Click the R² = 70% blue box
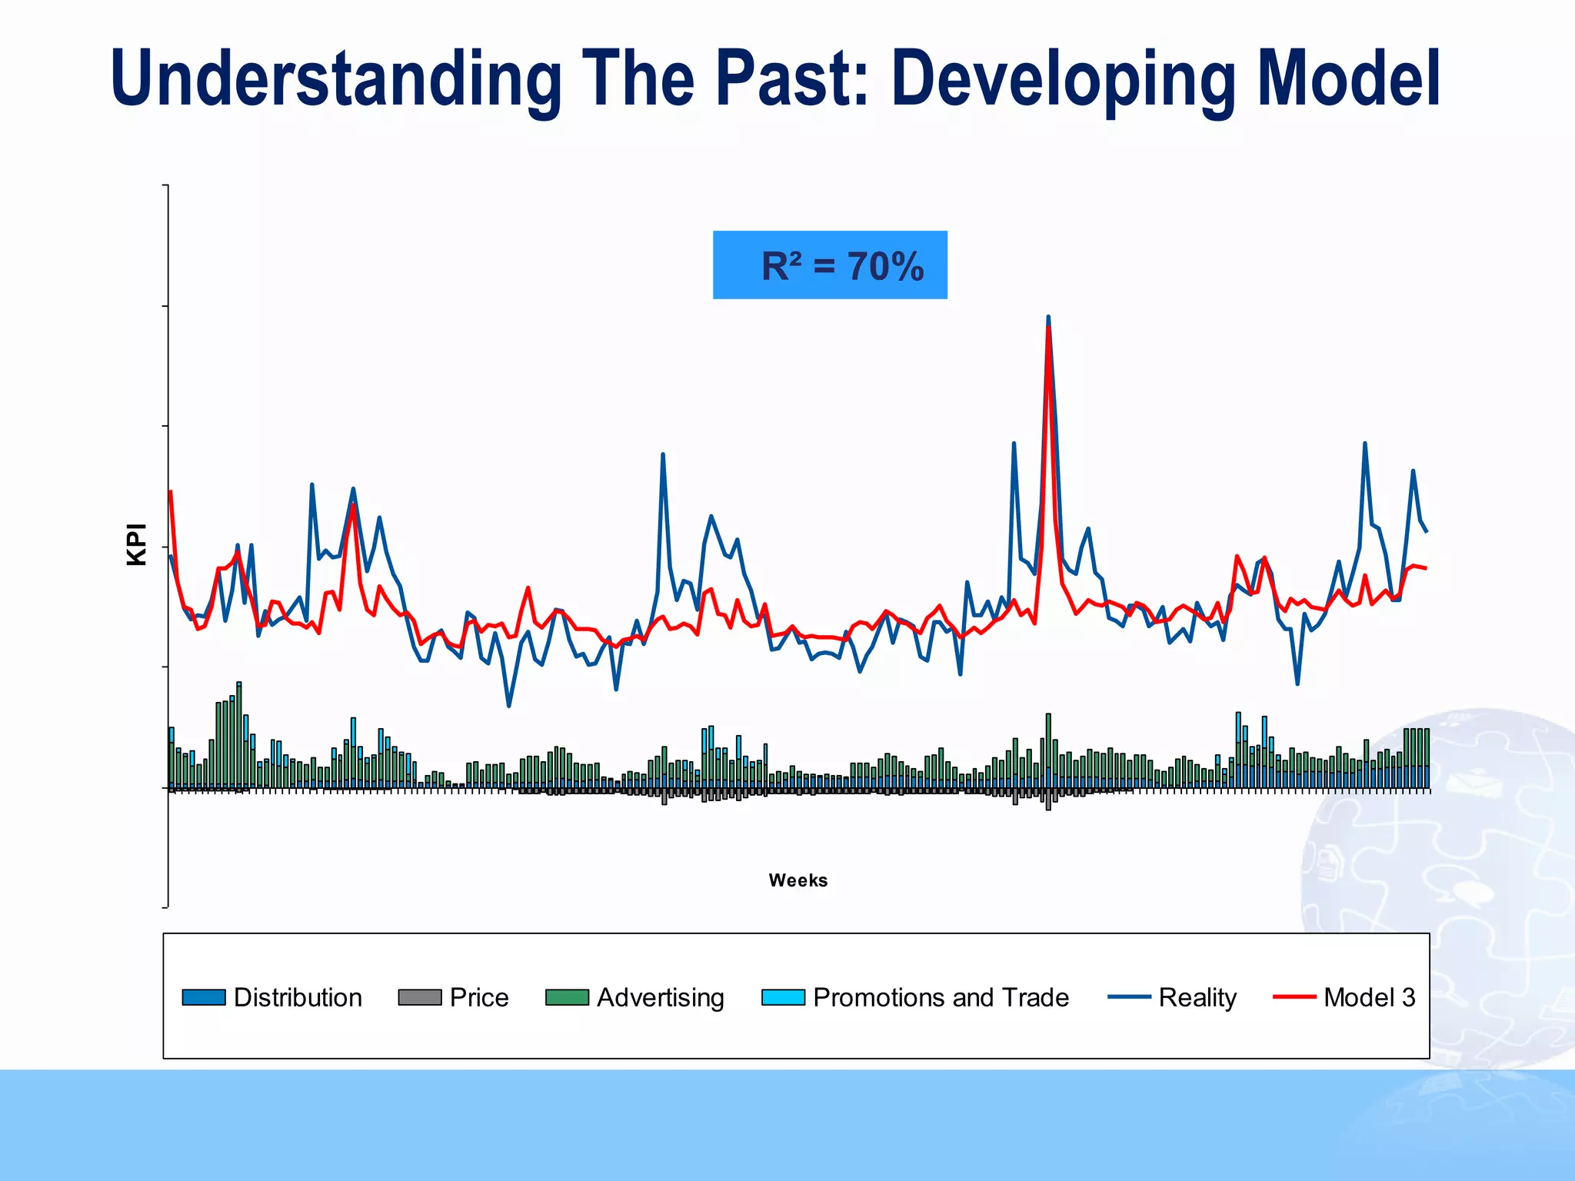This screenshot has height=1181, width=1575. click(x=829, y=264)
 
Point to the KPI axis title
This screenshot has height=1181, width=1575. click(x=136, y=544)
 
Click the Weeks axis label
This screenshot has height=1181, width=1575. click(x=797, y=880)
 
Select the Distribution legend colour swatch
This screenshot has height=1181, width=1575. click(x=204, y=997)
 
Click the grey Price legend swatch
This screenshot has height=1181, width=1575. click(x=419, y=997)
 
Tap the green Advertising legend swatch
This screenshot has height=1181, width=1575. click(x=567, y=997)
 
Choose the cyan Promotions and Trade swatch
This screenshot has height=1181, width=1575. click(x=783, y=997)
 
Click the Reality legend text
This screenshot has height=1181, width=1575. click(x=1197, y=997)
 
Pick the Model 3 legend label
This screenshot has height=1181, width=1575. click(x=1369, y=997)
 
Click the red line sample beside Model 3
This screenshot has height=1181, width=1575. click(x=1294, y=997)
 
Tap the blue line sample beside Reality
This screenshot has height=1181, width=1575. click(x=1129, y=997)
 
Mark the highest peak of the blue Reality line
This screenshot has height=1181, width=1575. click(x=1048, y=317)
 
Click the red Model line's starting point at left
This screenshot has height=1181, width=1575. click(x=170, y=491)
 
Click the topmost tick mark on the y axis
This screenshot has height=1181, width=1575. click(x=165, y=185)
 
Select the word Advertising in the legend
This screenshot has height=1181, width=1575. click(x=660, y=997)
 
